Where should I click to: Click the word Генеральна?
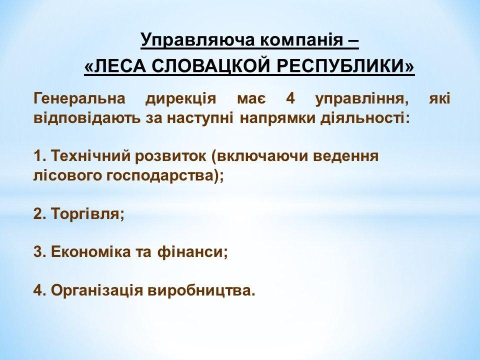click(79, 99)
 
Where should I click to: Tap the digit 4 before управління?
click(290, 99)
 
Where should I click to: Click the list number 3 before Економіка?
click(38, 252)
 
